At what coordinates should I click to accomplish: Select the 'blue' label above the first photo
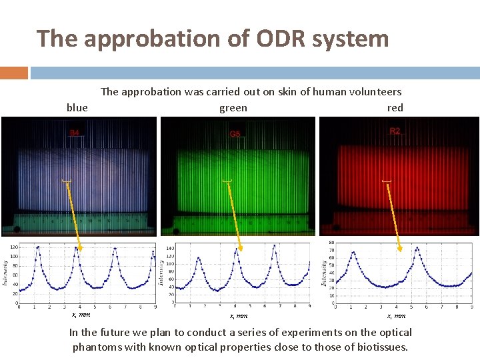point(77,107)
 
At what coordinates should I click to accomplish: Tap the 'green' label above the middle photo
point(233,107)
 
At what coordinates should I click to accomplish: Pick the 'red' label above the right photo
point(395,107)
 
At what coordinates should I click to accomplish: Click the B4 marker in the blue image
point(75,133)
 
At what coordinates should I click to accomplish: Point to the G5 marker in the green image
point(235,134)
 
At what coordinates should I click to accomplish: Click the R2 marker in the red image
point(395,131)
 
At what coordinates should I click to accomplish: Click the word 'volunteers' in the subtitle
point(374,92)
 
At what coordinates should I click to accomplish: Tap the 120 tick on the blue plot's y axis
point(13,247)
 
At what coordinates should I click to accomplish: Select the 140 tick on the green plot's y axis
point(169,247)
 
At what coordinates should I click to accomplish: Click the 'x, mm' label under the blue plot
point(81,314)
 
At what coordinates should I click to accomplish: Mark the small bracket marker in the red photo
point(387,181)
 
